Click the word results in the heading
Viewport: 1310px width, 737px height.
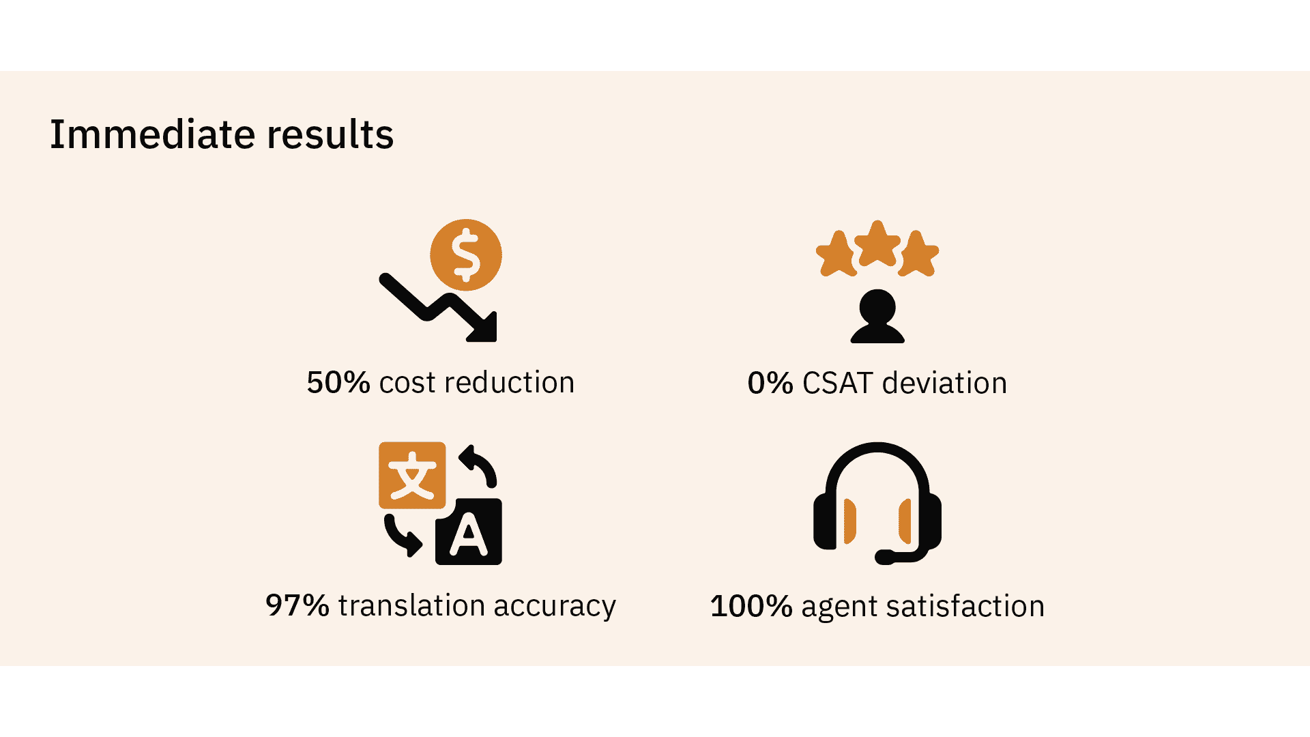330,134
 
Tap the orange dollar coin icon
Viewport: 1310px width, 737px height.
466,255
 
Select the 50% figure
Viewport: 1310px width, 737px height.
338,382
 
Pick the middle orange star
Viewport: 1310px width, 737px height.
877,244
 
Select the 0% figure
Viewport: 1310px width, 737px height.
770,383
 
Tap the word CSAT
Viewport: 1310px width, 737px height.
837,383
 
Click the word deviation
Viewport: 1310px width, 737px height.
944,383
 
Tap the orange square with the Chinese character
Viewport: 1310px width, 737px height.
412,476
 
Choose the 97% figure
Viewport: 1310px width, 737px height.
297,605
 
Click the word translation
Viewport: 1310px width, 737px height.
411,605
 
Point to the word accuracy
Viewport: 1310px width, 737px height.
555,607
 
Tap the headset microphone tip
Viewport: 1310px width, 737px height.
884,557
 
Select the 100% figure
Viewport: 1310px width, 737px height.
751,606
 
